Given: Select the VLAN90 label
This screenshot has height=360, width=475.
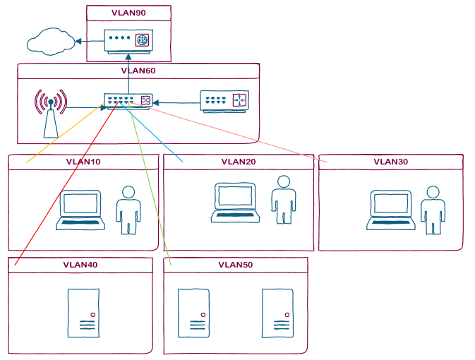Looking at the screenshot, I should [128, 13].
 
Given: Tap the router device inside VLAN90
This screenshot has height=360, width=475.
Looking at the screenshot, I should [128, 40].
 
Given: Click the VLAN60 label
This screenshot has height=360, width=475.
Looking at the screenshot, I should [138, 71].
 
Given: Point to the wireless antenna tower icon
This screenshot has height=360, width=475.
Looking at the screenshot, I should [50, 113].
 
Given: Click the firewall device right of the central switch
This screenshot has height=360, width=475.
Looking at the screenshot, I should [224, 100].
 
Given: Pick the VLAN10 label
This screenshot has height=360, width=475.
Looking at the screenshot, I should [83, 162].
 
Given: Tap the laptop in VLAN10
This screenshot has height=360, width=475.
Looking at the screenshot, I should [81, 210].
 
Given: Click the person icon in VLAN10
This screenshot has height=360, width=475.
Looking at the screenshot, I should [128, 210].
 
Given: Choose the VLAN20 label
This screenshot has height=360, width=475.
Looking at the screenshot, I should [239, 162].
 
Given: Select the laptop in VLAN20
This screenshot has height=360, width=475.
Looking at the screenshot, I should [236, 204].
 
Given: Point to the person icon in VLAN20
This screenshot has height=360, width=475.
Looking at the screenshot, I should [283, 200].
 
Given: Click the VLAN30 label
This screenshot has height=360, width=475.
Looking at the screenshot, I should [391, 162].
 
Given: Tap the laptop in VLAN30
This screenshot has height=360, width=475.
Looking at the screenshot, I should [390, 211].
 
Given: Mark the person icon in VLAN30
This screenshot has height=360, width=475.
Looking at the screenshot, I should [433, 210].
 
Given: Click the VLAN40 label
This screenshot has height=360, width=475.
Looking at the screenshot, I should [80, 265].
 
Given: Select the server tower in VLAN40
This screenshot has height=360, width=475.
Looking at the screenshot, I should [82, 313].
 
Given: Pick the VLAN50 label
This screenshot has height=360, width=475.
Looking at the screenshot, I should [236, 265].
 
